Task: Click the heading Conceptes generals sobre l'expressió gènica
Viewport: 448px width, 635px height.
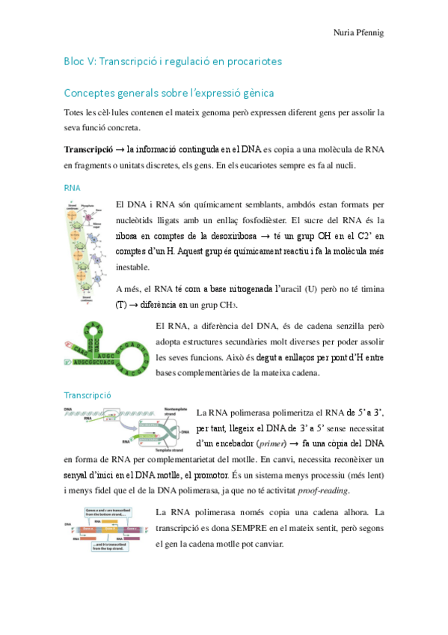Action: pyautogui.click(x=170, y=94)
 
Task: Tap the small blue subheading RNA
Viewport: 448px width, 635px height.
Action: pyautogui.click(x=72, y=187)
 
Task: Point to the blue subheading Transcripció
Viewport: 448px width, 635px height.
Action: pyautogui.click(x=88, y=394)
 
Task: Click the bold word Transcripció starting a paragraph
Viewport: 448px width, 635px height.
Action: pyautogui.click(x=88, y=149)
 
